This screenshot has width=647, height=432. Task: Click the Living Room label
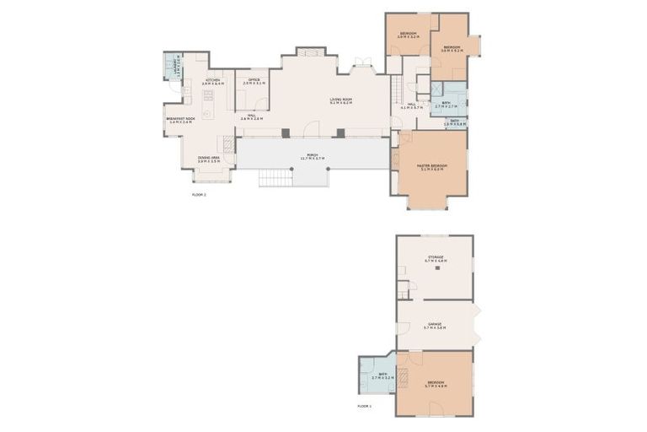tap(340, 100)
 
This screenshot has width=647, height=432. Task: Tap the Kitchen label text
tap(212, 82)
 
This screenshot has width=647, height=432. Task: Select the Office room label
tap(254, 82)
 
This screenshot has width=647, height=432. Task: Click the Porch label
tap(312, 157)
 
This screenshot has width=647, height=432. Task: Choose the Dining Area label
tap(209, 159)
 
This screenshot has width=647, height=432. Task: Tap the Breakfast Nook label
tap(180, 120)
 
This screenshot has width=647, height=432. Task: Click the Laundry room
tap(175, 66)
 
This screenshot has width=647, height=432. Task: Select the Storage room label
tap(435, 259)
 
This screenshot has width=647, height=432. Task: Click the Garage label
tap(435, 326)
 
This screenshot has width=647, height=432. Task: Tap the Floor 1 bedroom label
tap(436, 384)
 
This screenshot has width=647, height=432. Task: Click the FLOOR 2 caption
tap(199, 194)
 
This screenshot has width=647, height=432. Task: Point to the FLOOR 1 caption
tap(364, 406)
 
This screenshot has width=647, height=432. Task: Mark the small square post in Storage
tap(437, 268)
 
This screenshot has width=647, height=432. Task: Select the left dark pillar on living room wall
tap(286, 132)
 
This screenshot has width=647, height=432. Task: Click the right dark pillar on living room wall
tap(340, 132)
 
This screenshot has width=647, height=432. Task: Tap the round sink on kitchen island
tap(205, 113)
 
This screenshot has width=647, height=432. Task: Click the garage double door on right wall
tap(477, 324)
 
